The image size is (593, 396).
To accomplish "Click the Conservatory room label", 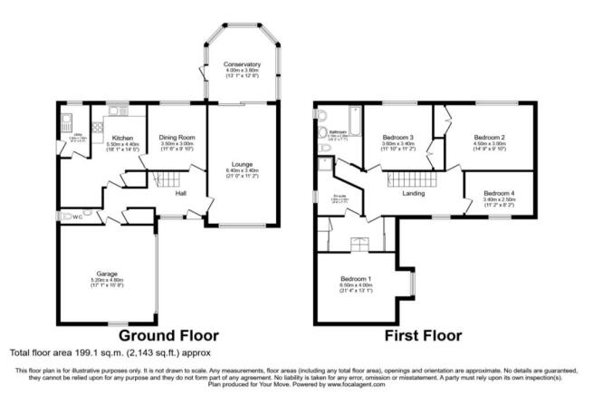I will click(x=242, y=65).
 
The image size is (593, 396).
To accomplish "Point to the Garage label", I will click(x=108, y=272).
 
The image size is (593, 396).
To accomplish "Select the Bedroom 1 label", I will click(x=357, y=278).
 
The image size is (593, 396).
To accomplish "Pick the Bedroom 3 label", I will click(x=397, y=138).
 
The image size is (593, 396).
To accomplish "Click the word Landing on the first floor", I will click(x=414, y=193).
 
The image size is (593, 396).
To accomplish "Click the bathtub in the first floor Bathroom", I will click(x=354, y=117).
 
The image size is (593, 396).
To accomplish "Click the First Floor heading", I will click(x=424, y=335).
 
